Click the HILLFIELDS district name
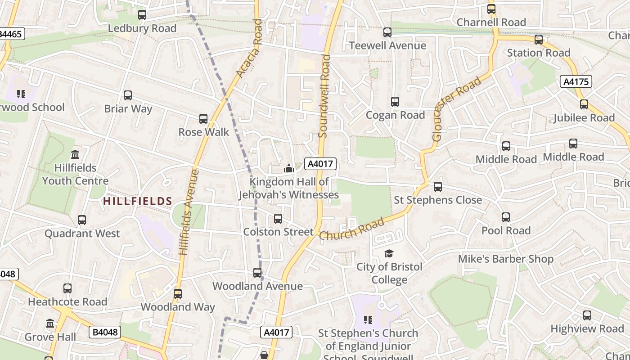pos(138,201)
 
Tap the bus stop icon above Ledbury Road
pos(142,14)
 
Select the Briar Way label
pos(128,108)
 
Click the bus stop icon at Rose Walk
pos(203,119)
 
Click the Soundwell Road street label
pos(324,96)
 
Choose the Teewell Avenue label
pos(387,45)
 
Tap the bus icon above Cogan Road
pos(395,102)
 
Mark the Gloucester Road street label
pos(456,109)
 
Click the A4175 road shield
pos(576,81)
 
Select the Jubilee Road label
pos(584,118)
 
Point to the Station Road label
pos(539,53)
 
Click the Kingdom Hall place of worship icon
pos(288,169)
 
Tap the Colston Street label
pos(278,232)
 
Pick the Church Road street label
pos(352,229)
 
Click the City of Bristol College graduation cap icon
pos(389,254)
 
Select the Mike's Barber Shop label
pos(505,259)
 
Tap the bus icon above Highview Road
pos(587,315)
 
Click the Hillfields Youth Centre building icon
pos(75,155)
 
